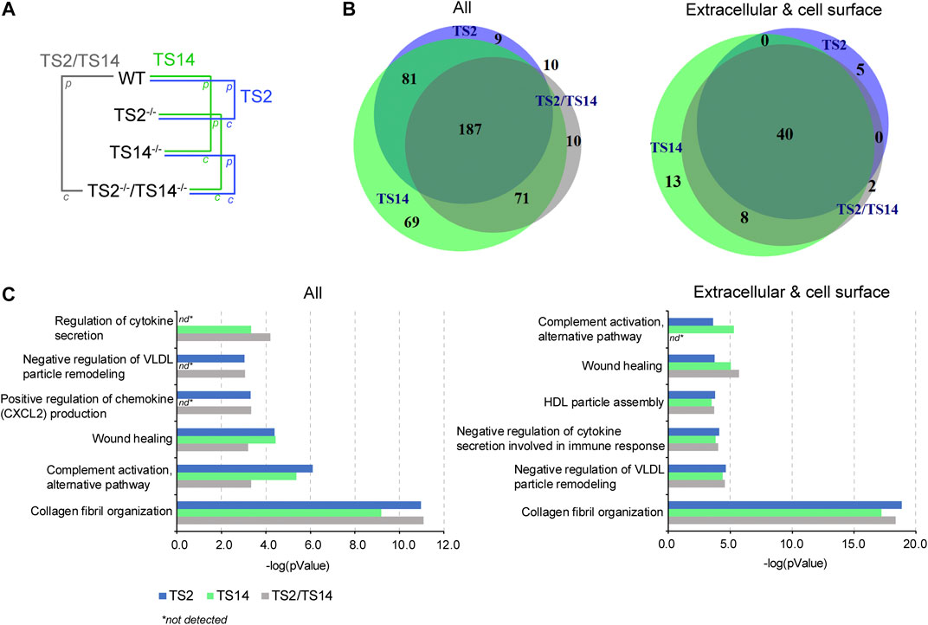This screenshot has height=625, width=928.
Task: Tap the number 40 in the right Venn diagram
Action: click(x=784, y=134)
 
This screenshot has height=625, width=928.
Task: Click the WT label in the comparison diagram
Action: click(x=132, y=79)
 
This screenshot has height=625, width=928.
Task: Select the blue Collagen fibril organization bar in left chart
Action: click(x=300, y=504)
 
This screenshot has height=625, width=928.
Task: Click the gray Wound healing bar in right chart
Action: click(x=703, y=373)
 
